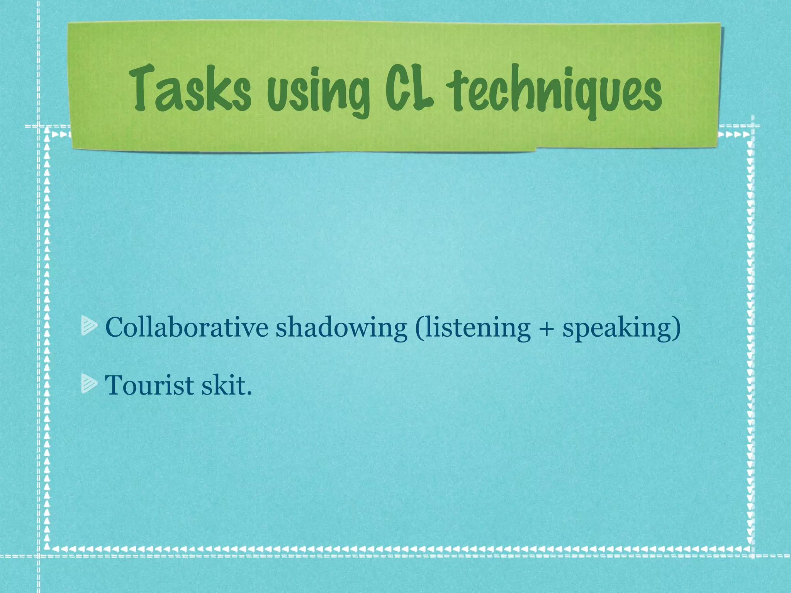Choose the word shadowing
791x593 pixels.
pos(341,328)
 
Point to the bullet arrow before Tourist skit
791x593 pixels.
pos(89,385)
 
